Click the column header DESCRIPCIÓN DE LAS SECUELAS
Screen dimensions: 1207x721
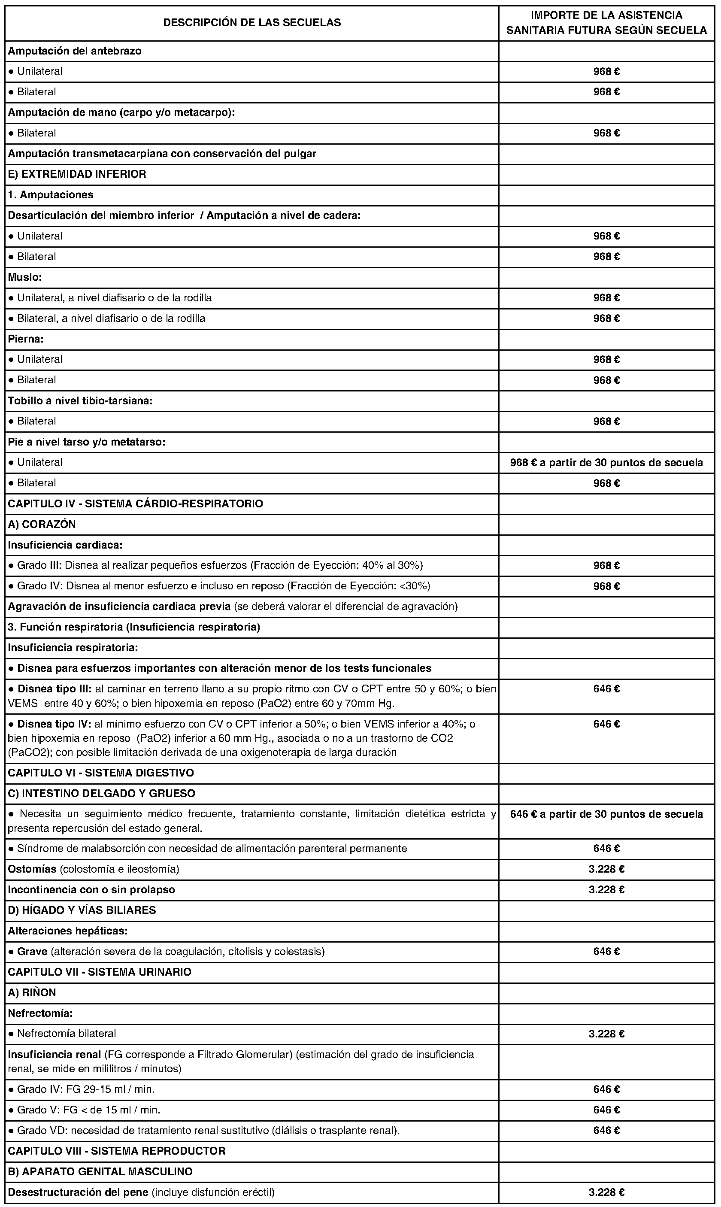point(251,22)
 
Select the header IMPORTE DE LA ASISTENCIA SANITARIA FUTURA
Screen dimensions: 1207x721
point(606,23)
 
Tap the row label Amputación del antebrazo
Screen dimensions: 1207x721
point(75,51)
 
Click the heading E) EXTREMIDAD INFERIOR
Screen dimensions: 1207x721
point(77,174)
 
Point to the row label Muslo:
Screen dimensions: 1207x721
point(25,277)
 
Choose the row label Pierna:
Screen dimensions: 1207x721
point(26,339)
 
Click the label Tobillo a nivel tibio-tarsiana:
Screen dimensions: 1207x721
point(80,401)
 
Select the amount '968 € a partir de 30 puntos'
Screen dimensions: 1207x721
point(606,463)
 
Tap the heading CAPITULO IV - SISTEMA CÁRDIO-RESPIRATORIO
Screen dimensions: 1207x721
point(136,503)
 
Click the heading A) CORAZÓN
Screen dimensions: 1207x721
point(42,524)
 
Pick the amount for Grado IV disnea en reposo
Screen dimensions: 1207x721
point(606,586)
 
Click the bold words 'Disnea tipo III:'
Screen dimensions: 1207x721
point(55,689)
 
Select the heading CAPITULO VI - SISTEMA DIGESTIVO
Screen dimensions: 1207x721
point(101,773)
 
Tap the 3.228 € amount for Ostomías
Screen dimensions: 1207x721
point(606,869)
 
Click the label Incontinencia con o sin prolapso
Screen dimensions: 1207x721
point(91,890)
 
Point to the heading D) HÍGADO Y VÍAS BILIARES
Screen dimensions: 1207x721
point(82,910)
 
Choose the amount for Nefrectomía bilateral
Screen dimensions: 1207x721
point(606,1034)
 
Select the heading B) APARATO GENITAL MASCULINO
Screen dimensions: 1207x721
point(100,1171)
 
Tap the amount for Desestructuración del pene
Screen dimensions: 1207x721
point(606,1192)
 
